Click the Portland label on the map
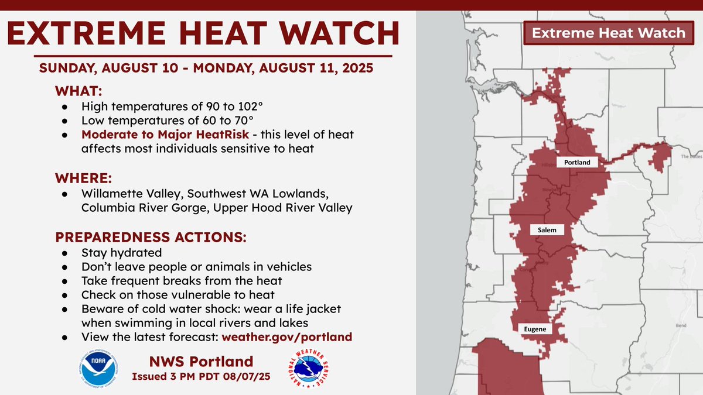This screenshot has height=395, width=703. [573, 162]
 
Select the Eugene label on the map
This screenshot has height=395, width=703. [534, 329]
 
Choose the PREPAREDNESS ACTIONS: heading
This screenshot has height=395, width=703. [151, 238]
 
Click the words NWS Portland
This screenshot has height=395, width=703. [201, 361]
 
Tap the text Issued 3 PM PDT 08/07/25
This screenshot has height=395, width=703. [201, 376]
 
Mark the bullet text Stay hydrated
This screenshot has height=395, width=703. [121, 253]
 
